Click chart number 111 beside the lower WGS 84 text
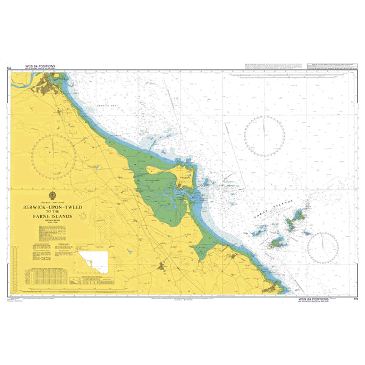[355, 299]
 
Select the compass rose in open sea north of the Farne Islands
[264, 136]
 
